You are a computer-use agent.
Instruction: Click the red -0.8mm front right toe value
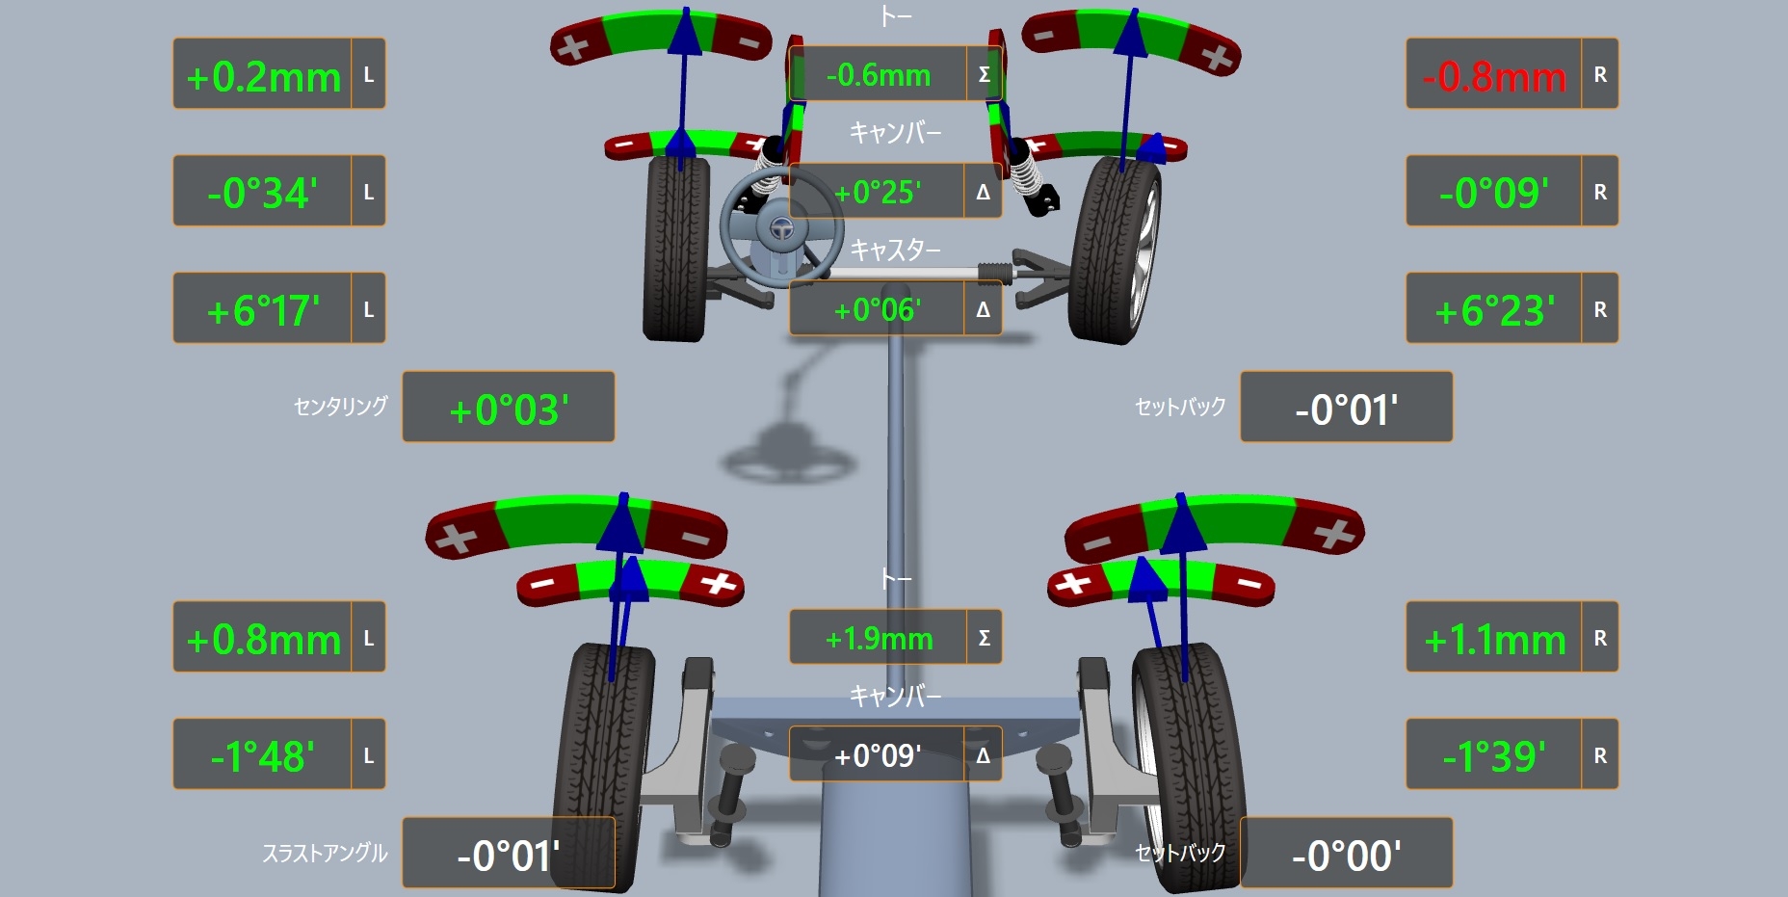pyautogui.click(x=1494, y=76)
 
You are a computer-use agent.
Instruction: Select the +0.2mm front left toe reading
pyautogui.click(x=263, y=76)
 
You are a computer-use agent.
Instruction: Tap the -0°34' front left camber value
pyautogui.click(x=262, y=193)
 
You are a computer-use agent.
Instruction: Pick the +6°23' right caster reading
pyautogui.click(x=1494, y=310)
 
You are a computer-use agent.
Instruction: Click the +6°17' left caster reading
pyautogui.click(x=263, y=310)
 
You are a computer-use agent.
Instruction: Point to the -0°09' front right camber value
pyautogui.click(x=1494, y=193)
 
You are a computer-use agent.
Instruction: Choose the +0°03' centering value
pyautogui.click(x=509, y=409)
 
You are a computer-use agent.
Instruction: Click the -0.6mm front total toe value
pyautogui.click(x=878, y=74)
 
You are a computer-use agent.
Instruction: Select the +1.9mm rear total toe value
pyautogui.click(x=879, y=638)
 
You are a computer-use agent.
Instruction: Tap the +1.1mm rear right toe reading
pyautogui.click(x=1495, y=639)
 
